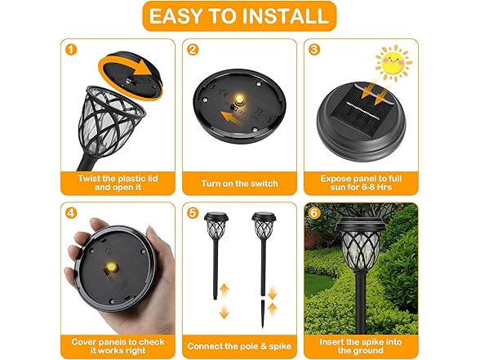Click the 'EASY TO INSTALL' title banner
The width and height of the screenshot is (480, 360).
click(239, 16)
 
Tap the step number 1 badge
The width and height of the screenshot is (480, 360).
click(71, 49)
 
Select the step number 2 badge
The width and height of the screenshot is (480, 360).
click(193, 49)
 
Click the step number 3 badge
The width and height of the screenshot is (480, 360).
click(314, 49)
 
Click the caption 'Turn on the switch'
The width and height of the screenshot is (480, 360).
click(239, 183)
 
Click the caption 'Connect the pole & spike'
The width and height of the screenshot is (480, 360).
click(239, 346)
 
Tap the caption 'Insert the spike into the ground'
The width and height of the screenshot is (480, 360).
click(360, 346)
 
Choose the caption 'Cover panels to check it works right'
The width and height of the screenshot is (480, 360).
click(118, 346)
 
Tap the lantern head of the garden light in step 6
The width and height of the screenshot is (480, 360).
click(360, 245)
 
